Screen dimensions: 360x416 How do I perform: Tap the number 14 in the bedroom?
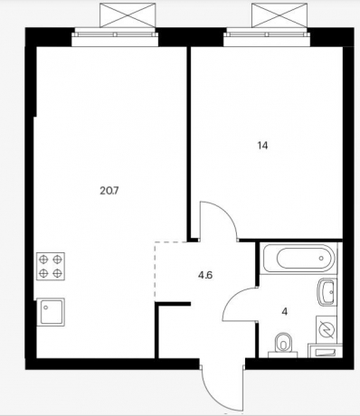point(262,146)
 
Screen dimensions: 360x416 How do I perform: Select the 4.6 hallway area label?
point(205,275)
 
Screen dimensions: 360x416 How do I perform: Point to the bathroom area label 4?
point(284,312)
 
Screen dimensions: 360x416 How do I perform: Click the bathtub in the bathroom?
point(298,258)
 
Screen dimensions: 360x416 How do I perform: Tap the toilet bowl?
point(283,343)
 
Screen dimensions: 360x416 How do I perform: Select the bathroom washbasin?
point(327,292)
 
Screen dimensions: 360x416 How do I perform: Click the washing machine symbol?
point(327,328)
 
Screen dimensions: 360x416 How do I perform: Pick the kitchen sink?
point(51,312)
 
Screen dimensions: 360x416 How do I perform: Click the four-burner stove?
point(51,266)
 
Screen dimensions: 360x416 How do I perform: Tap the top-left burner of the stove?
point(44,260)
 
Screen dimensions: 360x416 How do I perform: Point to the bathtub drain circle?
point(321,258)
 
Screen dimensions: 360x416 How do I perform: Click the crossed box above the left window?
point(128,15)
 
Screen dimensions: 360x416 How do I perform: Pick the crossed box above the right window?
point(279,15)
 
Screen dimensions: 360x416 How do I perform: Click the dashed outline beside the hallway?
point(155,271)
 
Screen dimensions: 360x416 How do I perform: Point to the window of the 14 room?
point(267,37)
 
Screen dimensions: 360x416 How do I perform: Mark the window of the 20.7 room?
point(115,37)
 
